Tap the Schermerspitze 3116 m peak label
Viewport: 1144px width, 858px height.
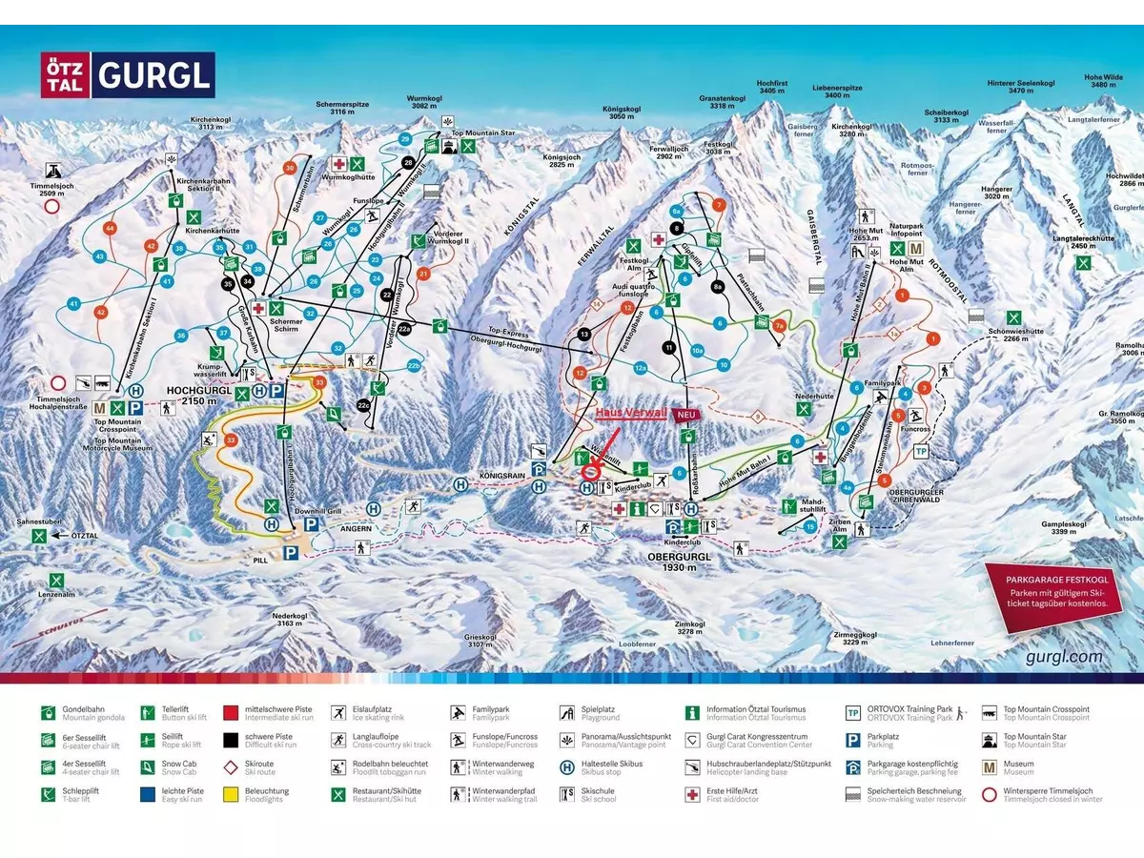point(349,108)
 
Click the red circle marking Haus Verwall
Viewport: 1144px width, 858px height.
point(591,470)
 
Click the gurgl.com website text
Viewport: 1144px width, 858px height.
point(1065,656)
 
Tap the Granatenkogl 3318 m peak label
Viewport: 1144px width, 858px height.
point(723,102)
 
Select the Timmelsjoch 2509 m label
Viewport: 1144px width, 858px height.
point(48,189)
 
